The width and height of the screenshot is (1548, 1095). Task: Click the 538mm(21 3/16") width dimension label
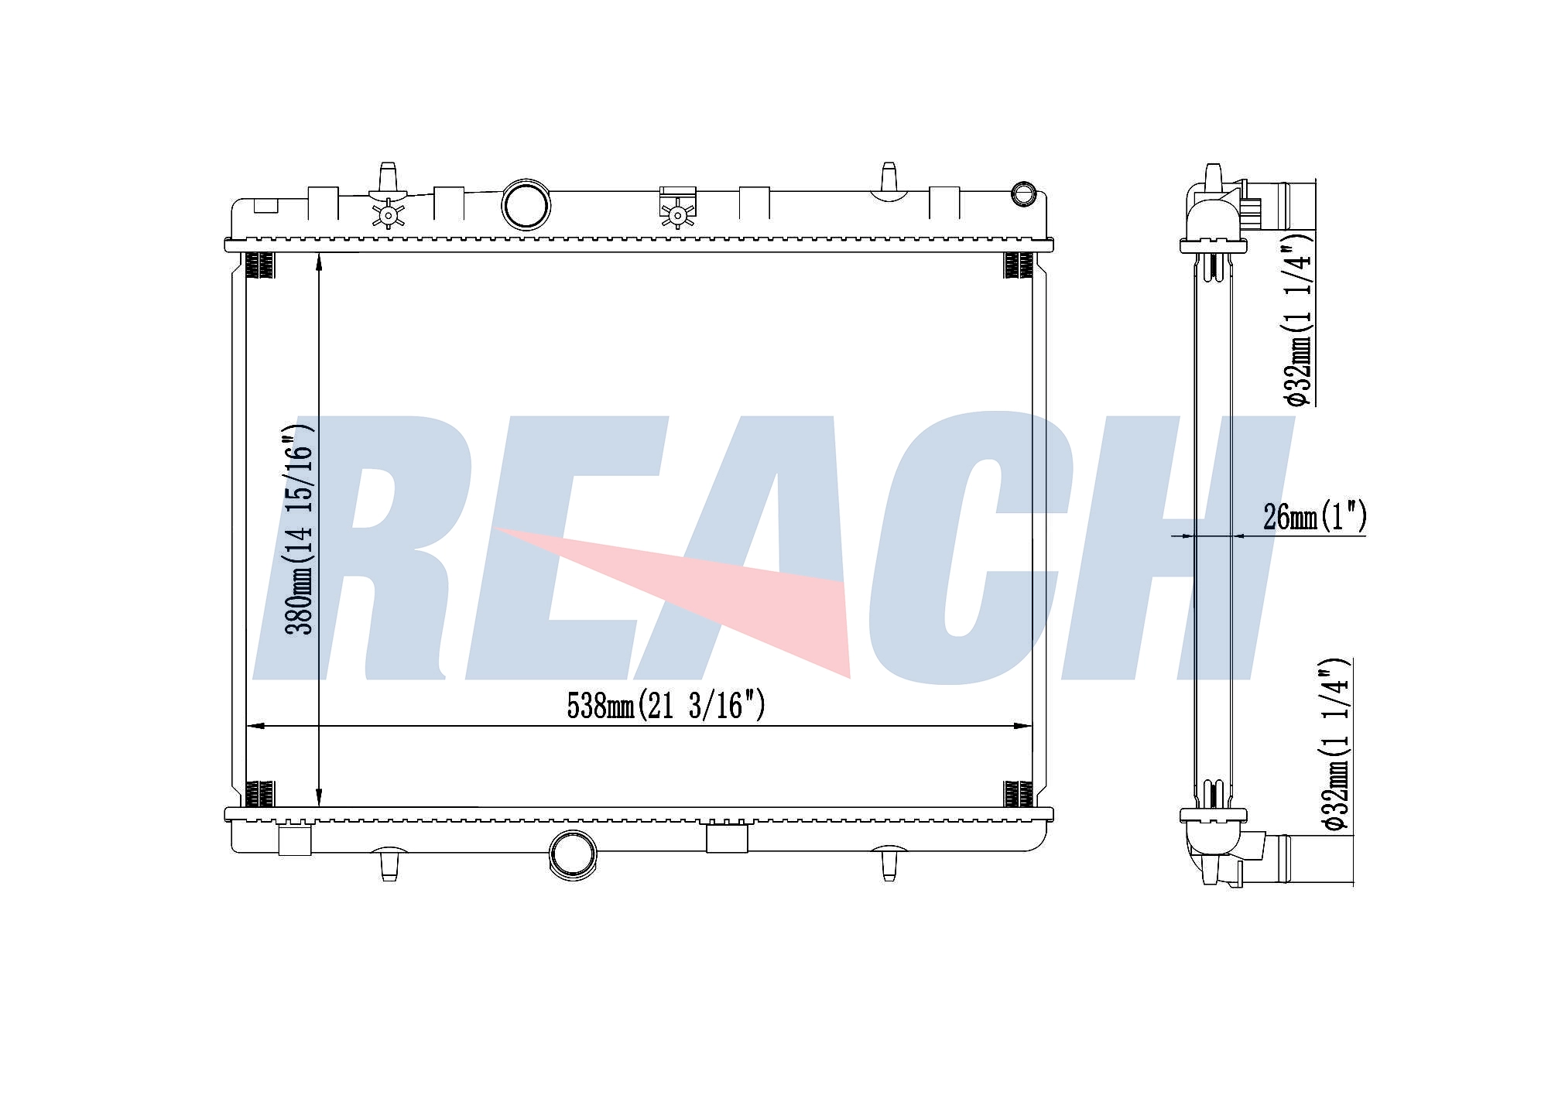coord(666,705)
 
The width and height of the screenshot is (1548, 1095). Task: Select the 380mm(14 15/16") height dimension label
coord(300,529)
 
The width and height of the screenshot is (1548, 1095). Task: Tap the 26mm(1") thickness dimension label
coord(1314,516)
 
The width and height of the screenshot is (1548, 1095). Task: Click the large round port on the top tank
coord(526,204)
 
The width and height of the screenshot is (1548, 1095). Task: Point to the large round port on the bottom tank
coord(573,855)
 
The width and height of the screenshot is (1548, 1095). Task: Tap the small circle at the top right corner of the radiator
coord(1024,193)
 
